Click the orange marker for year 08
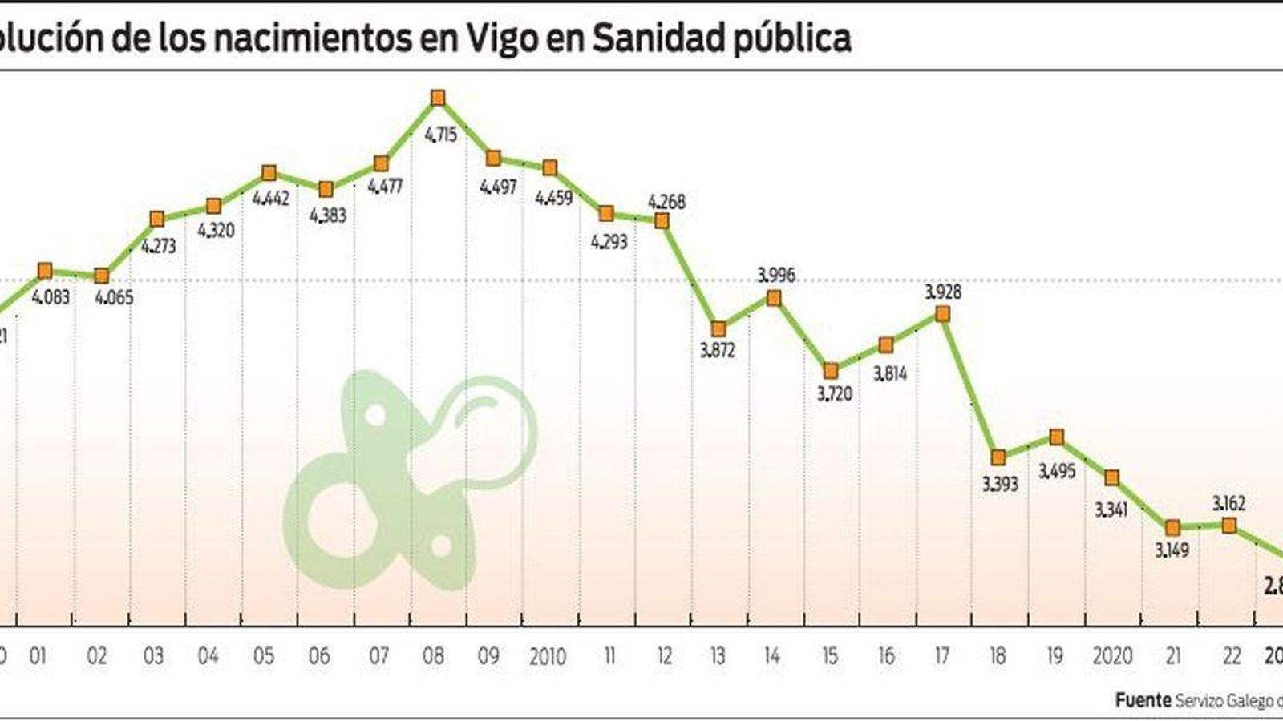437,98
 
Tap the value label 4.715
440,135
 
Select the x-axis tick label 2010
548,657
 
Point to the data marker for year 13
718,328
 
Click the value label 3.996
775,276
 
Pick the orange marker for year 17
942,315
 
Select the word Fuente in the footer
1142,701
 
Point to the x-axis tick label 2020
1112,657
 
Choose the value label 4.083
51,297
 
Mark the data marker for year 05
269,173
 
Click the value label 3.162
1228,504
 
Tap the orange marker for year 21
1172,527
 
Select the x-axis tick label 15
830,657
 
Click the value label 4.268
666,202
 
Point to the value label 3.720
834,394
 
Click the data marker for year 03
157,219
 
